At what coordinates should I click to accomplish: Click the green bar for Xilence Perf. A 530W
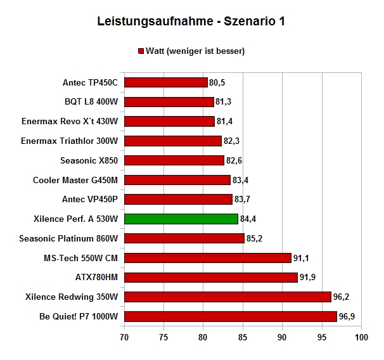point(181,219)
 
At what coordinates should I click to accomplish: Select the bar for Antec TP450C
point(166,82)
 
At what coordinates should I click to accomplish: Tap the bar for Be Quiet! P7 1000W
point(231,316)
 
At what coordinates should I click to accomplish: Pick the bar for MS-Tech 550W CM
point(208,258)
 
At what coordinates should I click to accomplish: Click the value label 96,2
point(341,297)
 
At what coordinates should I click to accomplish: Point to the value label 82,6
point(234,160)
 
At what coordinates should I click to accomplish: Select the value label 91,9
point(307,277)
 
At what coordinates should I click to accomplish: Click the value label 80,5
point(217,82)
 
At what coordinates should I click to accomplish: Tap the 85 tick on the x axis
point(243,337)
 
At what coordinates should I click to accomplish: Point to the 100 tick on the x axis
point(361,337)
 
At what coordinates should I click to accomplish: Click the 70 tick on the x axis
point(124,337)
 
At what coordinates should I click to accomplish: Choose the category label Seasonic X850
point(89,160)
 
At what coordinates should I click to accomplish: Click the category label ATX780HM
point(96,277)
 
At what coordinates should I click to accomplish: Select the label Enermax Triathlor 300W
point(70,141)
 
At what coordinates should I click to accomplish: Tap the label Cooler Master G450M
point(75,180)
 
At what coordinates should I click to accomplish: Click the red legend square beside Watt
point(141,51)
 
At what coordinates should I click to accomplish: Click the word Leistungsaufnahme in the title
point(155,22)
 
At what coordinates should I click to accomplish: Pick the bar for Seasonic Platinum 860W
point(184,238)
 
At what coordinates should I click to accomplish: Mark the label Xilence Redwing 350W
point(72,297)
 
